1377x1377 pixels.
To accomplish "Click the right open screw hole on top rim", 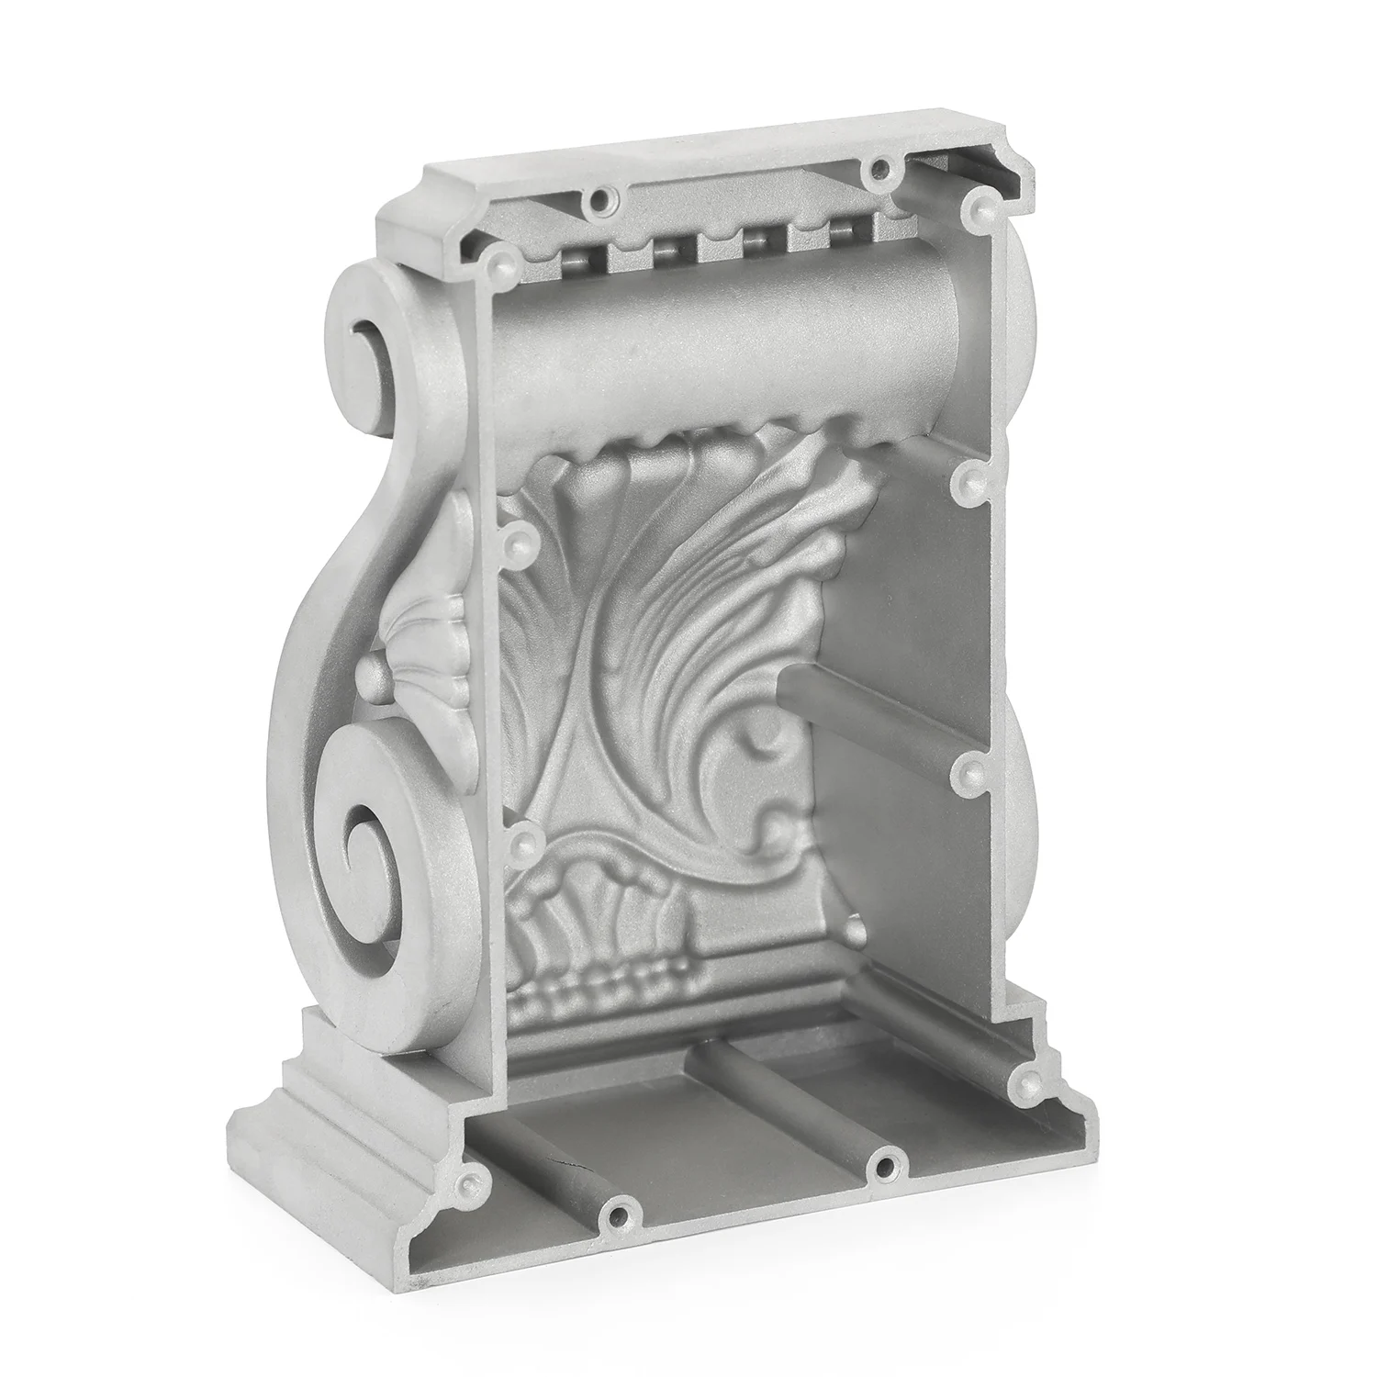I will click(882, 168).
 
